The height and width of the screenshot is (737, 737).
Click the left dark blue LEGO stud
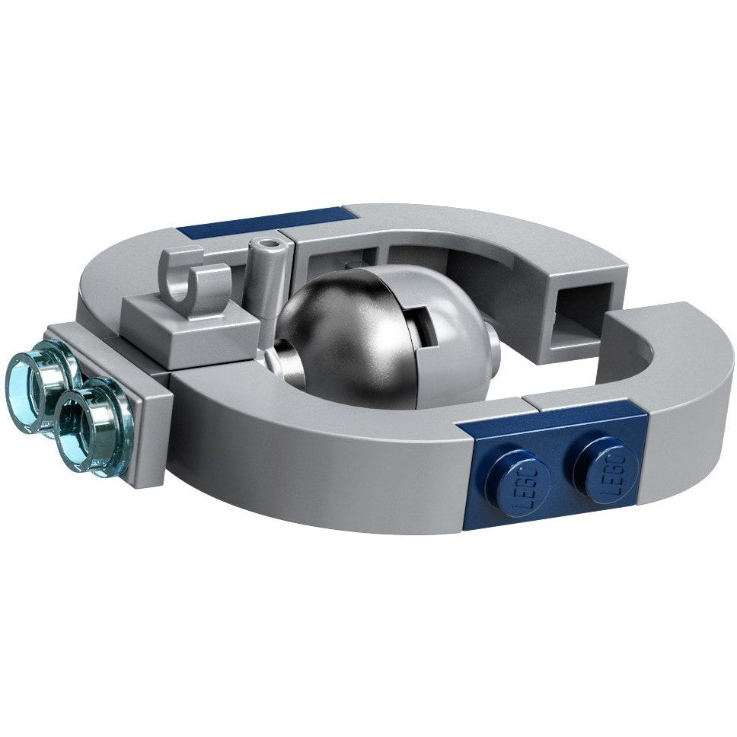tap(518, 480)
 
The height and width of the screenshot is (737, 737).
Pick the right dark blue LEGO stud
tap(606, 470)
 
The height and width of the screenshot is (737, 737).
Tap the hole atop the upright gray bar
tap(269, 244)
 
